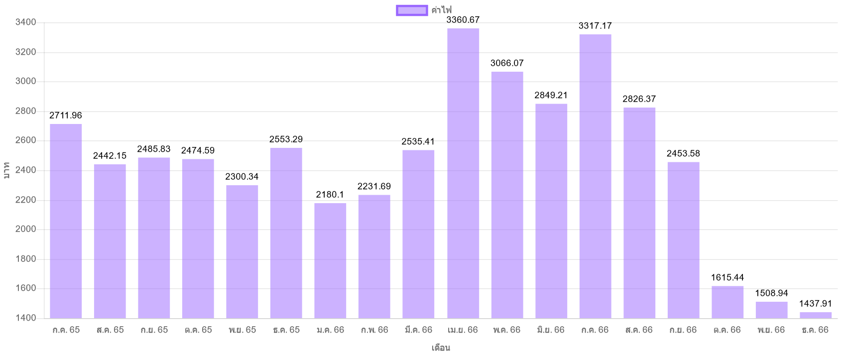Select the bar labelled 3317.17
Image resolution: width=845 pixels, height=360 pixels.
click(x=595, y=176)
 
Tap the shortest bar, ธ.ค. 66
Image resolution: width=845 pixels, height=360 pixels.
click(x=815, y=315)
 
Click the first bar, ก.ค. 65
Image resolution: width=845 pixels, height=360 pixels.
click(x=66, y=221)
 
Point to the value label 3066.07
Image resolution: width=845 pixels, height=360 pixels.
click(x=507, y=63)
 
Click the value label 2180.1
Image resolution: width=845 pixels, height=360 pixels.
click(x=330, y=195)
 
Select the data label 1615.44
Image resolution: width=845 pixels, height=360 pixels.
click(x=727, y=278)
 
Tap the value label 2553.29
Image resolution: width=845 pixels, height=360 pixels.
click(x=286, y=139)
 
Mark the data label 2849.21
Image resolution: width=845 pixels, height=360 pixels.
click(x=551, y=95)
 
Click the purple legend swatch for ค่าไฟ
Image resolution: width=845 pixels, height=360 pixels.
click(x=412, y=10)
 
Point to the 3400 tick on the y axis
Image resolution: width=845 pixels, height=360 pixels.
click(x=26, y=22)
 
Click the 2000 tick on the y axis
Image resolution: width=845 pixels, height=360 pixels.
click(x=26, y=230)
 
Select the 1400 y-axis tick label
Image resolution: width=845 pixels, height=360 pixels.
click(x=26, y=318)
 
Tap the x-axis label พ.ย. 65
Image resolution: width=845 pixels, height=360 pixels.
click(x=242, y=330)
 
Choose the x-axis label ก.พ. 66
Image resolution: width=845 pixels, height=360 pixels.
click(x=374, y=330)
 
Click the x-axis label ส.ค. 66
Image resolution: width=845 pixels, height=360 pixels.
click(x=639, y=330)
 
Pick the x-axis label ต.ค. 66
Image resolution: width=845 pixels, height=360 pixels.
click(x=727, y=330)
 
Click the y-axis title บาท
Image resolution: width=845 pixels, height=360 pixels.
click(x=6, y=170)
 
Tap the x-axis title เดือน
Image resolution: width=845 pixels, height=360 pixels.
click(x=441, y=348)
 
